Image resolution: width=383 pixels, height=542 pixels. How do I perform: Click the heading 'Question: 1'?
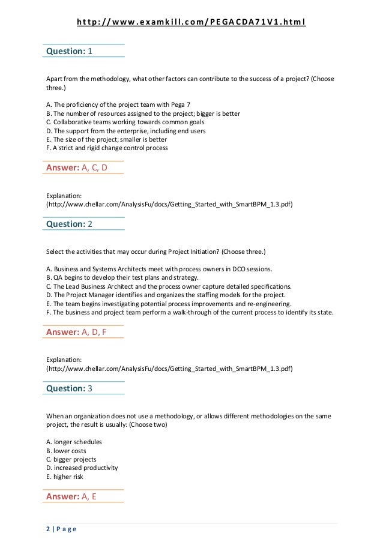[70, 51]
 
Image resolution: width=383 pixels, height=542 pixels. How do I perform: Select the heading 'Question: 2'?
[70, 224]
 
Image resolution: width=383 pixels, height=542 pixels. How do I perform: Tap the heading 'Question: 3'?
[70, 388]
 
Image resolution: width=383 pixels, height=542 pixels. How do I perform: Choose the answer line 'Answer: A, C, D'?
[76, 167]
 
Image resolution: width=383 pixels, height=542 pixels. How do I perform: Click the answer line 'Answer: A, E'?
[71, 496]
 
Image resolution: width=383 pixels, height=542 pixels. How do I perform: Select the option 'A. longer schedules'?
[74, 442]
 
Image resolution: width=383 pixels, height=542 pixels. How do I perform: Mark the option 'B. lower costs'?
[66, 450]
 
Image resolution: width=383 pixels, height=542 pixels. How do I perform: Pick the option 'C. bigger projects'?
[71, 459]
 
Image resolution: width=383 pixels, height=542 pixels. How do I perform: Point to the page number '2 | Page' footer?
[61, 529]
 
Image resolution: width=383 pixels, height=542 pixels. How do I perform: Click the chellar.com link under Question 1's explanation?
[170, 204]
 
